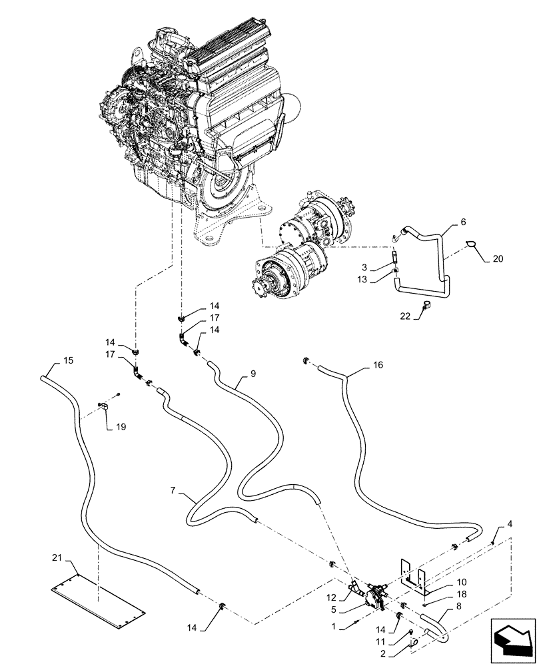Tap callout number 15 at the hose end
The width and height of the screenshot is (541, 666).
[x=68, y=361]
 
